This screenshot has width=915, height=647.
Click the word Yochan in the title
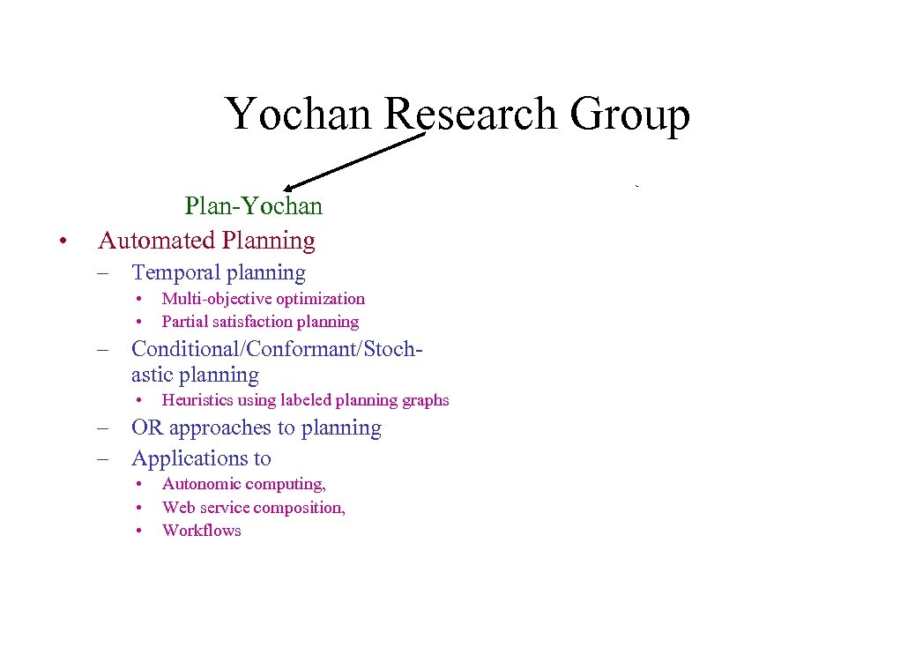coord(299,115)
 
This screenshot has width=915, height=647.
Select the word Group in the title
coord(629,115)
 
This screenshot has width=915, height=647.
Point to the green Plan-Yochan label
coord(253,206)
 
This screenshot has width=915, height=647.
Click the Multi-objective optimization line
coord(263,299)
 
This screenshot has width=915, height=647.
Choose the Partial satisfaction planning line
coord(260,322)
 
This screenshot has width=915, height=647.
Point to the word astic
coord(152,376)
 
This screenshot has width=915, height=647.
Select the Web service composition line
coord(253,508)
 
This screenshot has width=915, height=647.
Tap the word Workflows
coord(201,531)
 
